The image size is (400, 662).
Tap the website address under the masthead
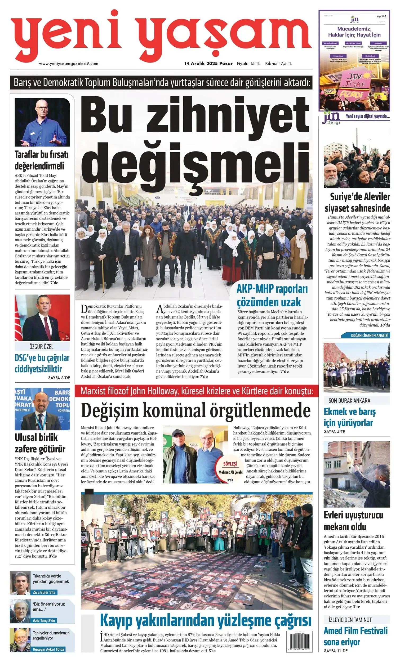pos(69,64)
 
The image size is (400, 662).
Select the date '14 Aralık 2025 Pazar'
pos(208,64)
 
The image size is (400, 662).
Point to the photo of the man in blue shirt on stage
pos(42,122)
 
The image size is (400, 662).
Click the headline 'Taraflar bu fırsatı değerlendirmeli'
pos(42,160)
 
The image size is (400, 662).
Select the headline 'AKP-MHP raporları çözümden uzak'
pos(272,296)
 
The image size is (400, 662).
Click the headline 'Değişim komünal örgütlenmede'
pos(196,411)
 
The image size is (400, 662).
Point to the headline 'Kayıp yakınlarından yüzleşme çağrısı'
pos(205,621)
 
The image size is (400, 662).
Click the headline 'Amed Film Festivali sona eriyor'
pos(355,636)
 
